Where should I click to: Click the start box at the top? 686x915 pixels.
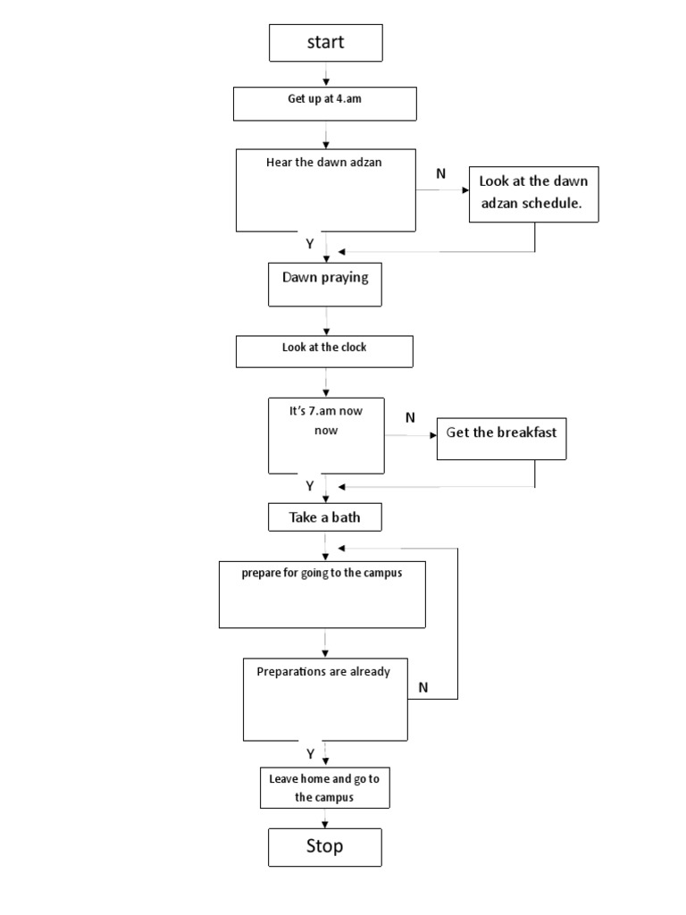[x=325, y=43]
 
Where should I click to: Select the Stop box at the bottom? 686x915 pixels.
[x=324, y=846]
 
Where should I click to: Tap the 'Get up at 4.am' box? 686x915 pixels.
[x=324, y=103]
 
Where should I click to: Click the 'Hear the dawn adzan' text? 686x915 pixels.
[x=323, y=163]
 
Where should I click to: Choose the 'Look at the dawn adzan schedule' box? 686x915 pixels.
[x=533, y=192]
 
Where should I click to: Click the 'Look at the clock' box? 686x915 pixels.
[x=324, y=350]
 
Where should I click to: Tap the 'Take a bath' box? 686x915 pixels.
[x=324, y=516]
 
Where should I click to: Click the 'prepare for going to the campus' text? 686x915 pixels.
[x=322, y=573]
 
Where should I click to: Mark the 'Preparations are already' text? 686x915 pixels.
[x=323, y=671]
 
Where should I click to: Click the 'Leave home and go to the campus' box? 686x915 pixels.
[x=324, y=787]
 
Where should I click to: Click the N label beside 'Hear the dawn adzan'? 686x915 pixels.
[x=440, y=173]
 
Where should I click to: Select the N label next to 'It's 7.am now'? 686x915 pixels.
[x=410, y=417]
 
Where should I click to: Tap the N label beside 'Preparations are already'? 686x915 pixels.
[x=423, y=687]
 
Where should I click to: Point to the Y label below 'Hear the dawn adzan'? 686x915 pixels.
[x=310, y=243]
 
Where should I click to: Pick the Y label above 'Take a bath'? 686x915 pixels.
[x=310, y=486]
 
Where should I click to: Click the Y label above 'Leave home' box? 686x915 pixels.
[x=310, y=753]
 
